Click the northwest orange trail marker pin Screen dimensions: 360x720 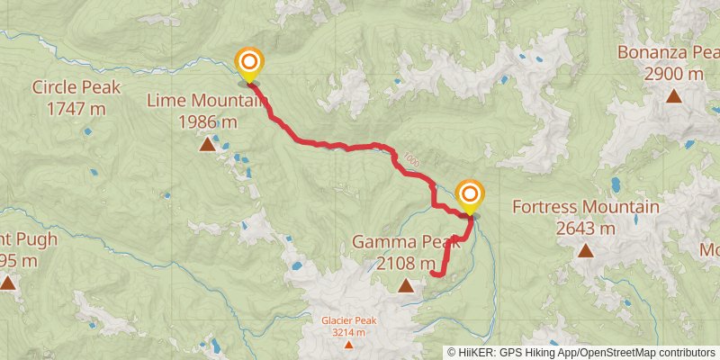coord(249,62)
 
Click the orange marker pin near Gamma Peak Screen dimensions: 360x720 coord(469,194)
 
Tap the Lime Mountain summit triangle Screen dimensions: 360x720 coord(207,143)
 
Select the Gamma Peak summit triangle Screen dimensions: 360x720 coord(406,285)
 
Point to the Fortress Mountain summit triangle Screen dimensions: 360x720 coord(585,250)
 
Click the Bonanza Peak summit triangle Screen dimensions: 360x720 coord(673,94)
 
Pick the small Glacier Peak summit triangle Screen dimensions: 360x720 coord(348,344)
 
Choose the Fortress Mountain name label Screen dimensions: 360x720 coord(585,208)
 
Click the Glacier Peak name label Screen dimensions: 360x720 coord(348,320)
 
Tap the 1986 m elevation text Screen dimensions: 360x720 coord(208,121)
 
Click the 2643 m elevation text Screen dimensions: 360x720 coord(585,228)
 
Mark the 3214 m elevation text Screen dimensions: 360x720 coord(348,332)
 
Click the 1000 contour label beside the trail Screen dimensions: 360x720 coord(411,159)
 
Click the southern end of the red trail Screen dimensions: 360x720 coord(433,273)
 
